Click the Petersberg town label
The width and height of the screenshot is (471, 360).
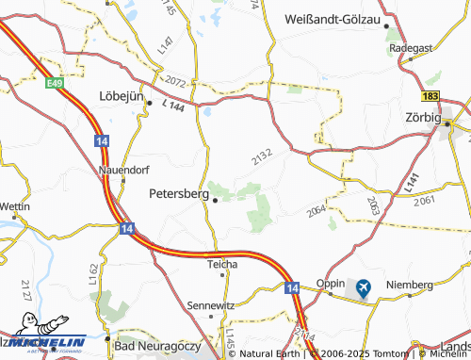point(178,192)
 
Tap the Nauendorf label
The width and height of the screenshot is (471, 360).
point(122,171)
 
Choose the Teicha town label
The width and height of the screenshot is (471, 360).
point(223,264)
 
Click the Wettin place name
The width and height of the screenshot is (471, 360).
point(15,206)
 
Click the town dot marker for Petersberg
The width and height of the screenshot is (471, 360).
point(216,199)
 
